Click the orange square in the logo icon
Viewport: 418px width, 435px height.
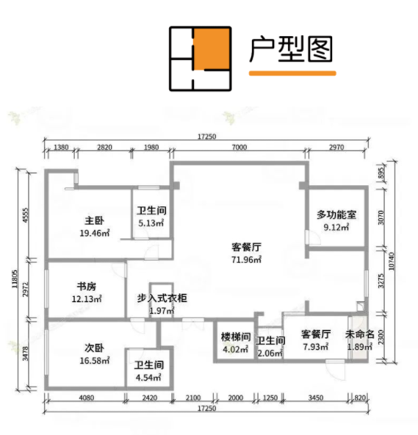click(x=212, y=48)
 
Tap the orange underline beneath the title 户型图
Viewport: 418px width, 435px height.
click(x=292, y=73)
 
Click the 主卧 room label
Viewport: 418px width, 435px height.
click(x=95, y=221)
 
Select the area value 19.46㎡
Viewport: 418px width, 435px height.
click(x=95, y=233)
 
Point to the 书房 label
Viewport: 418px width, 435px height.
click(x=87, y=287)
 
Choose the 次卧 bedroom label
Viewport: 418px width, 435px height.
click(x=95, y=348)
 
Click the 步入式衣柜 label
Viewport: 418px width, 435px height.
click(x=162, y=298)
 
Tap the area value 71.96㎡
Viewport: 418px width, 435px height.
click(x=246, y=259)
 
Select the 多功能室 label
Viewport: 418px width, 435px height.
click(x=336, y=215)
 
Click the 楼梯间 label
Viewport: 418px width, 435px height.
click(x=236, y=337)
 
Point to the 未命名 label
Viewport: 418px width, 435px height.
click(x=360, y=334)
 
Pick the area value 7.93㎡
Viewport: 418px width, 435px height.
click(x=316, y=347)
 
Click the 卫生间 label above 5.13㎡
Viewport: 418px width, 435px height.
click(x=151, y=211)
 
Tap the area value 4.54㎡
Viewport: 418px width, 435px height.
click(x=148, y=378)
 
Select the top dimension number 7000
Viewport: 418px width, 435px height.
click(x=239, y=147)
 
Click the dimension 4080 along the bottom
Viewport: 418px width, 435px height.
click(x=87, y=398)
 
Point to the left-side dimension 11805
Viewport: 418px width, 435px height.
click(x=15, y=278)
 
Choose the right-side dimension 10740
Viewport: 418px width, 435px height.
click(x=392, y=261)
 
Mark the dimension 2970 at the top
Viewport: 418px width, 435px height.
click(x=336, y=147)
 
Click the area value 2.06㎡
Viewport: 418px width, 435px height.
click(x=270, y=353)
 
